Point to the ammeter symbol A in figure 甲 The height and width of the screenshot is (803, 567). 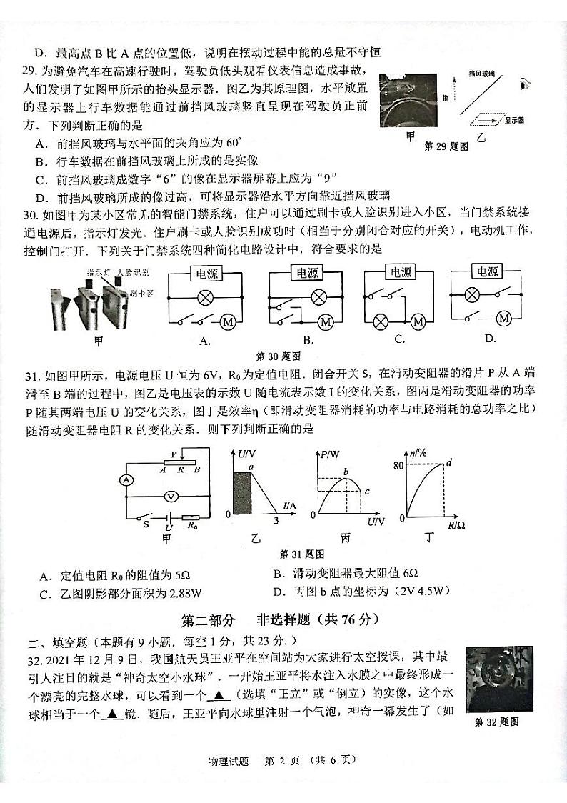tap(127, 480)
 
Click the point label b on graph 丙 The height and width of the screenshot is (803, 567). tap(346, 471)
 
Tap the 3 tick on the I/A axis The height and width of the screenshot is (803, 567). tap(276, 519)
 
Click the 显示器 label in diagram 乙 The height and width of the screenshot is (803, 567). tap(513, 120)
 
